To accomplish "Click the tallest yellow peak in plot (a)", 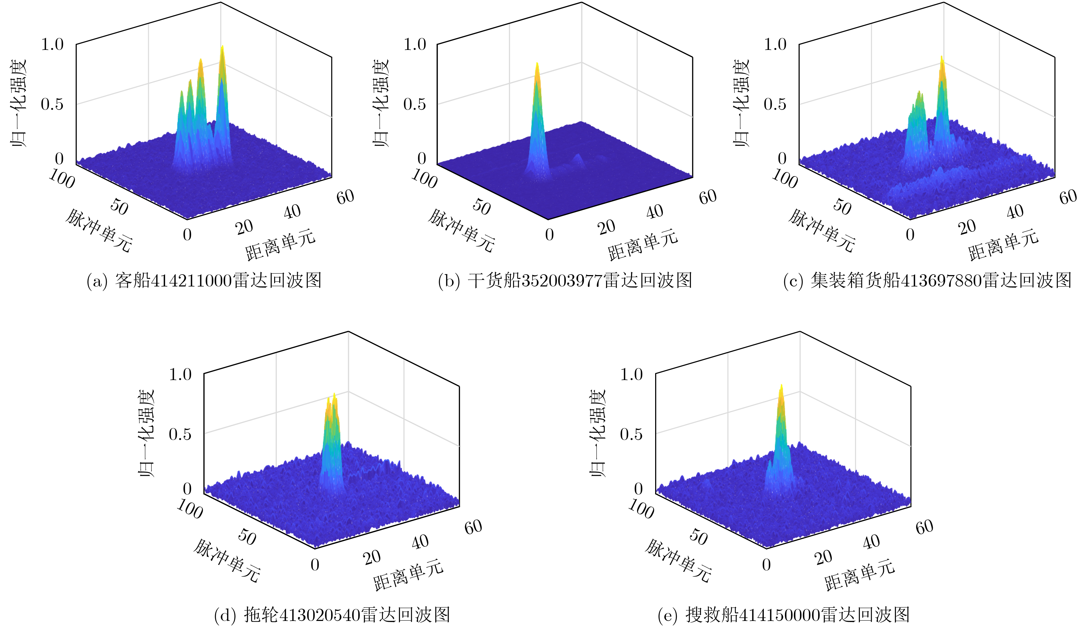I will click(x=222, y=47).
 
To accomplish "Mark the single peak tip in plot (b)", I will click(x=537, y=63).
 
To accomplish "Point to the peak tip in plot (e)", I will click(x=781, y=385).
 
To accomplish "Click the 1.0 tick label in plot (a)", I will click(x=52, y=44).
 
